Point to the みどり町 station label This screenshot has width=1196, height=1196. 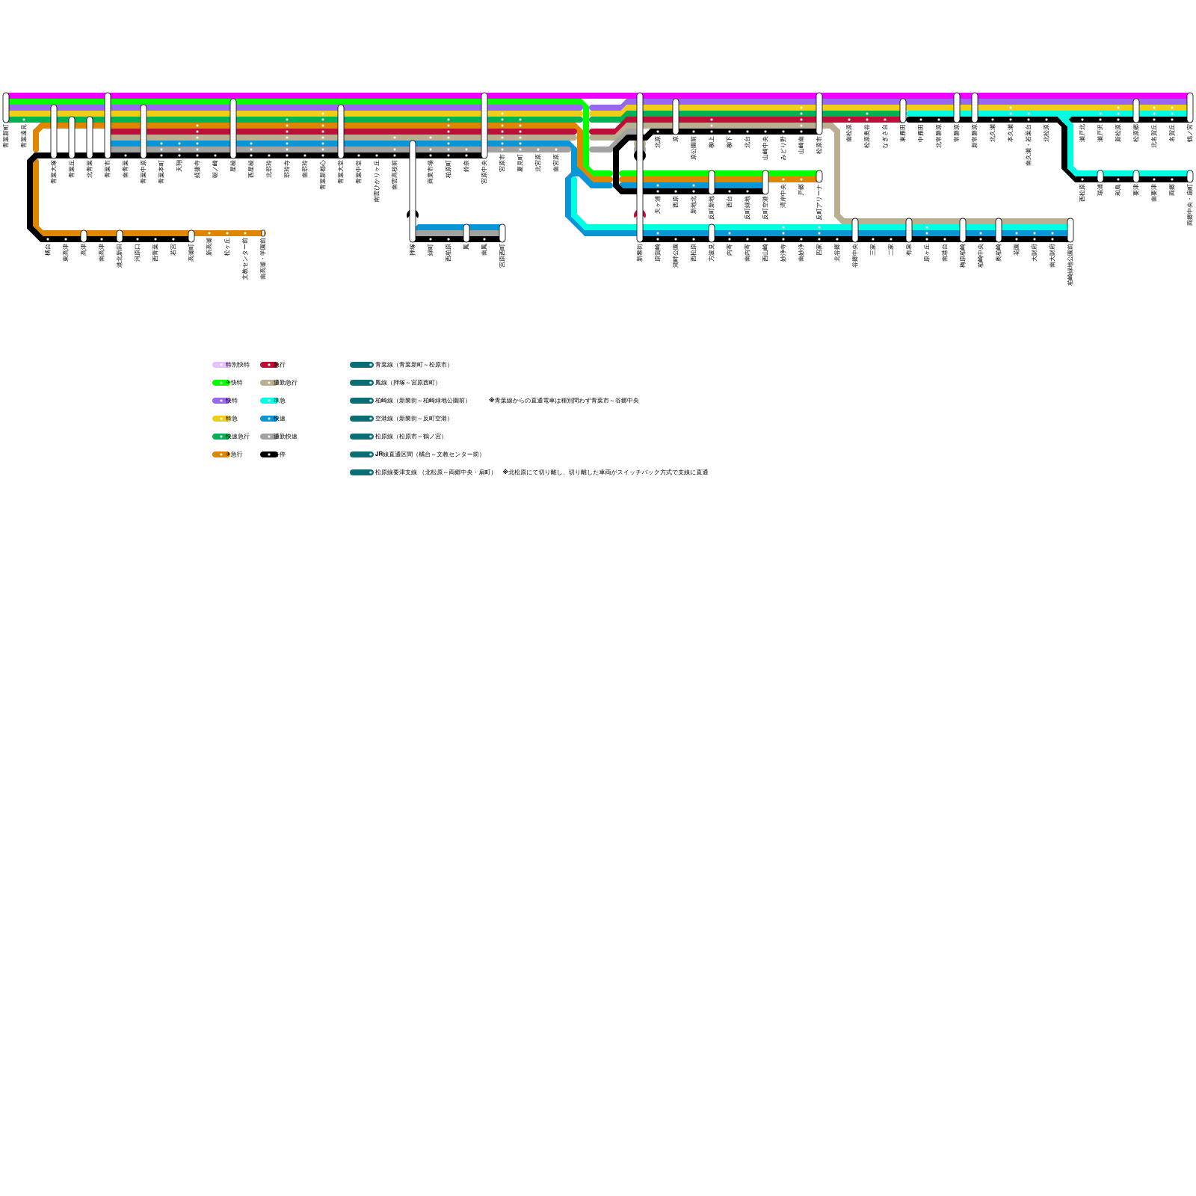[783, 148]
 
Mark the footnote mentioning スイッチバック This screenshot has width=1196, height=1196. [605, 472]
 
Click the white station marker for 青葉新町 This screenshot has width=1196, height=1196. [6, 107]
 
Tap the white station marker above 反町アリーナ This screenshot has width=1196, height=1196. [819, 176]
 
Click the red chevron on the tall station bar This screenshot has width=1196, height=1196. [640, 215]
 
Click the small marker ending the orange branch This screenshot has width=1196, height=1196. [263, 233]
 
